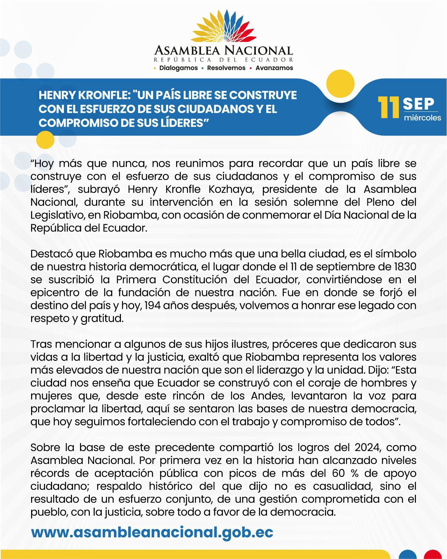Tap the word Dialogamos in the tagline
coord(178,68)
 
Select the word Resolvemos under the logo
coord(226,68)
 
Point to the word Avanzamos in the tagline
coord(274,68)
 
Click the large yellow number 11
coord(389,108)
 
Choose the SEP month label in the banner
coord(418,104)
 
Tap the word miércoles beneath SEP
coord(422,118)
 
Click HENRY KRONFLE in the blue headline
coord(82,95)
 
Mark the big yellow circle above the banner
coord(340,84)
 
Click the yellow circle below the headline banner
coord(45,140)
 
